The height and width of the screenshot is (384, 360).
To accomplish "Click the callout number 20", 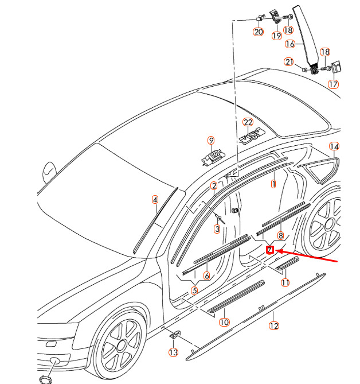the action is point(259,32).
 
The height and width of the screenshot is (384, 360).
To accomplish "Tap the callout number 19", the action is point(277,36).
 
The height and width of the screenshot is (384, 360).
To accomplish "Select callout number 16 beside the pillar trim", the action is point(290,44).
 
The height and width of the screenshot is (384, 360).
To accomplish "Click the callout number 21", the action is point(289,62).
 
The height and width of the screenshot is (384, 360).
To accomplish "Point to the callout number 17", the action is point(333,84).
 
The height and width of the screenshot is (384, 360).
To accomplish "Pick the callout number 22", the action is point(248,122).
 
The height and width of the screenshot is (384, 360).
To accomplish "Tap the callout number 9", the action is point(211,141).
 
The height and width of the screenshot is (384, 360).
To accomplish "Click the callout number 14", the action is point(334,146).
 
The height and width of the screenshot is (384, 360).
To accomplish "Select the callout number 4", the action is point(155,200).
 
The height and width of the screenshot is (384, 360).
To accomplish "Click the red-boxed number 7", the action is point(270,250).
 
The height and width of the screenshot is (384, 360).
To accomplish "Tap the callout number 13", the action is point(173,352).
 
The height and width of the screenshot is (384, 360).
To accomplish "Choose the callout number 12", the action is point(273,325).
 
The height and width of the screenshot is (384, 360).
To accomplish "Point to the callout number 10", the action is point(224,322).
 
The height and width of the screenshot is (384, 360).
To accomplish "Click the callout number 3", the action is point(217,229).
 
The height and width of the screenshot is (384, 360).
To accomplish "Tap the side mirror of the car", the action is point(50,172).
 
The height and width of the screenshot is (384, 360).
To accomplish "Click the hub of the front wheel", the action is point(121,346).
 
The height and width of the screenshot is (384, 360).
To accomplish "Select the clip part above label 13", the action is point(175,334).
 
